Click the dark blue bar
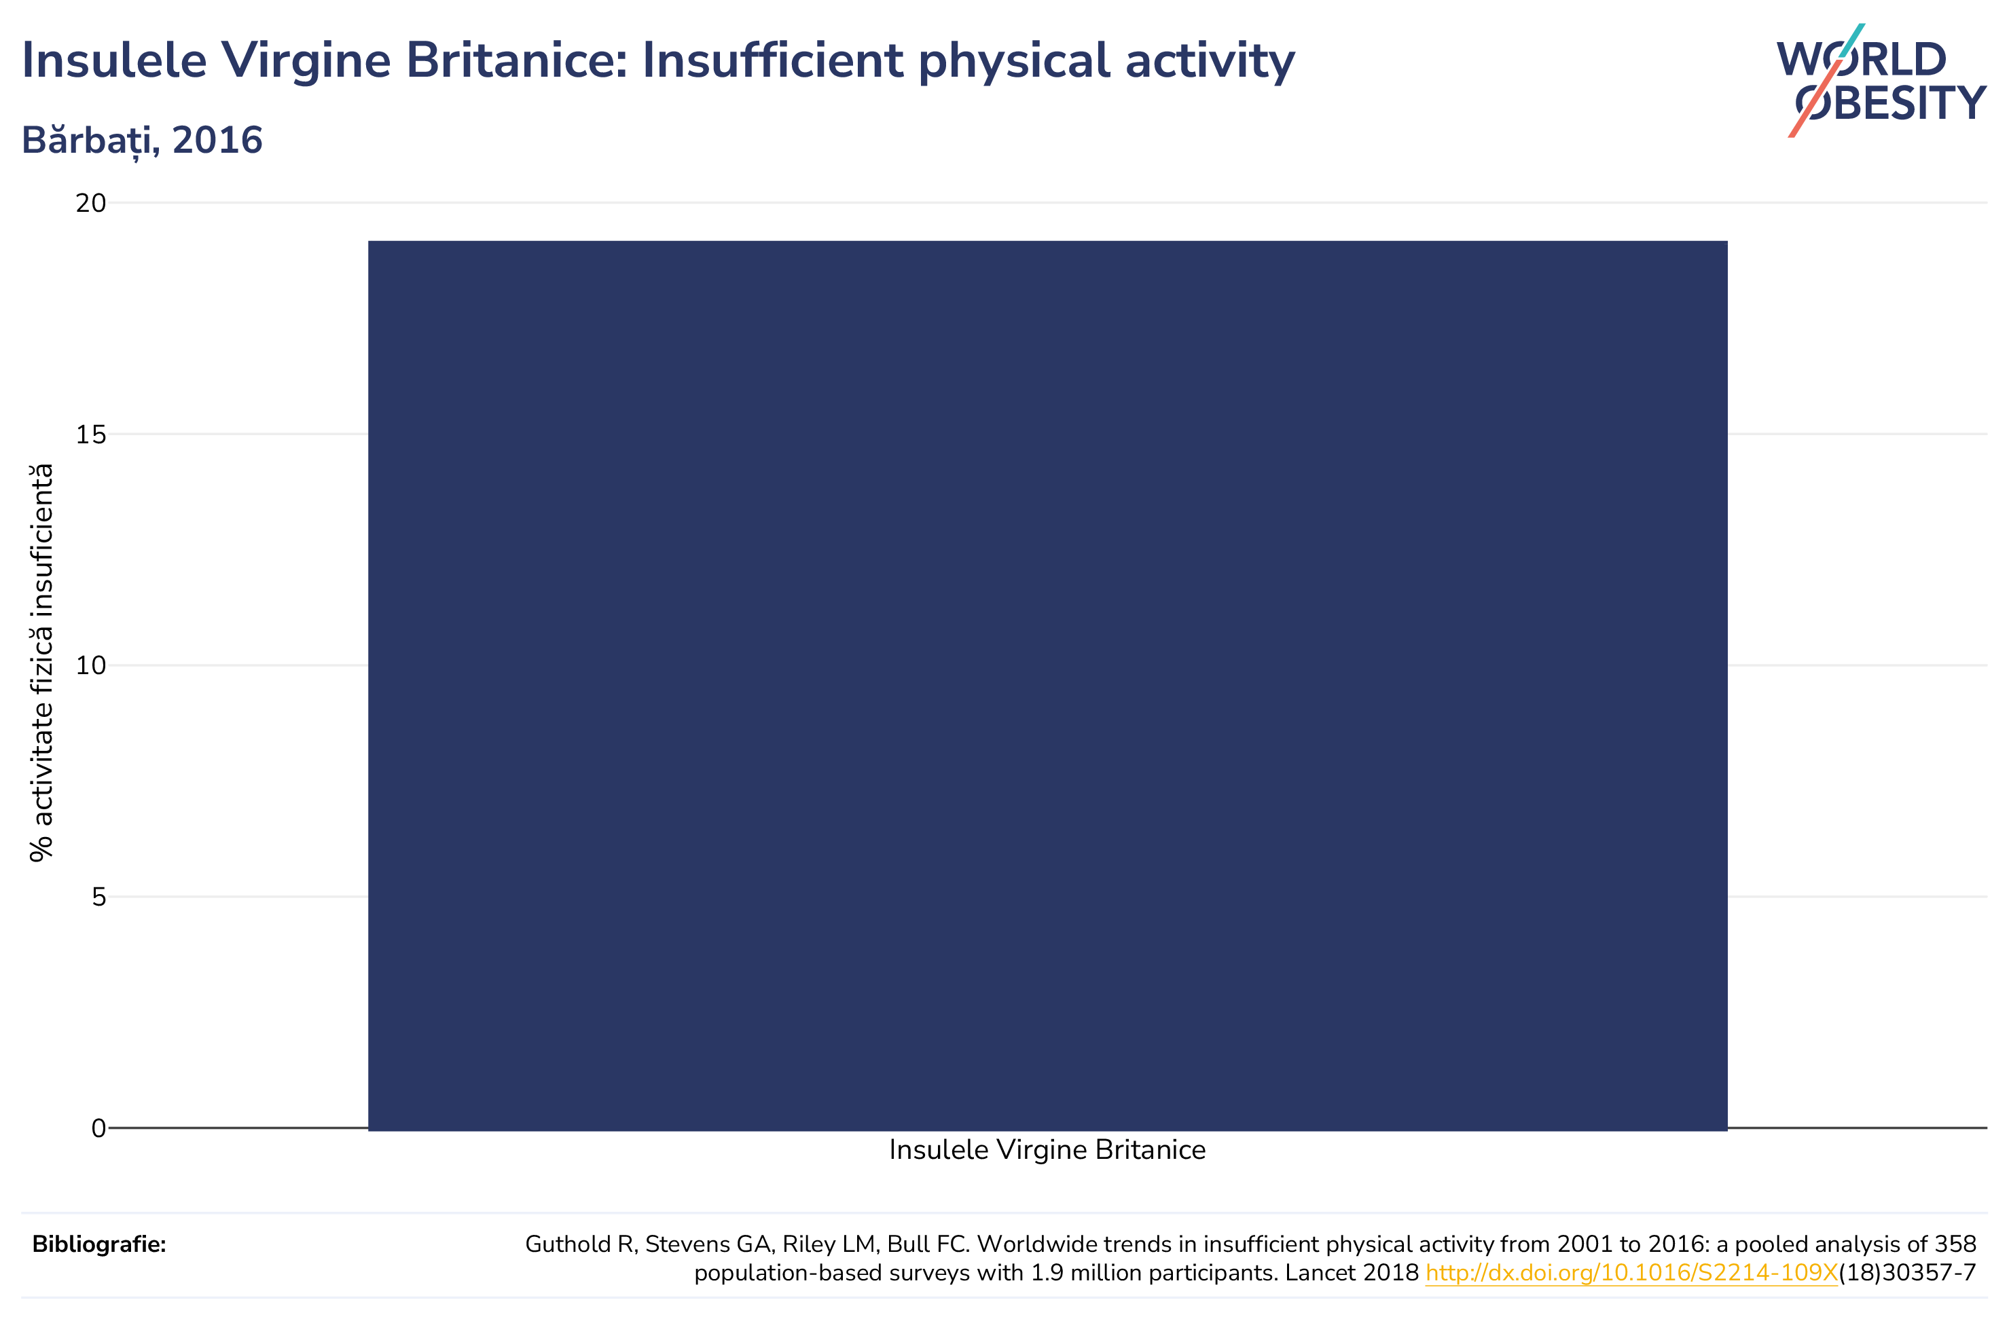pyautogui.click(x=1047, y=686)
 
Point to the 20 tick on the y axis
pyautogui.click(x=91, y=204)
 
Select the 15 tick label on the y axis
pyautogui.click(x=91, y=434)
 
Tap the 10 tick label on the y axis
pyautogui.click(x=91, y=666)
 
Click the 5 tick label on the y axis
pyautogui.click(x=98, y=897)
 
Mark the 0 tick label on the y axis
pyautogui.click(x=98, y=1128)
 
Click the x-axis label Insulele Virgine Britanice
pyautogui.click(x=1047, y=1150)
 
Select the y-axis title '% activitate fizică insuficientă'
pyautogui.click(x=41, y=663)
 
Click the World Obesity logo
pyautogui.click(x=1881, y=81)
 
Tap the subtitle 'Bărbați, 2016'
pyautogui.click(x=142, y=141)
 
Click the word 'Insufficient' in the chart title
pyautogui.click(x=773, y=60)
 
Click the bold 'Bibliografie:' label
pyautogui.click(x=100, y=1244)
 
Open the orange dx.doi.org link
pyautogui.click(x=1632, y=1274)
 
